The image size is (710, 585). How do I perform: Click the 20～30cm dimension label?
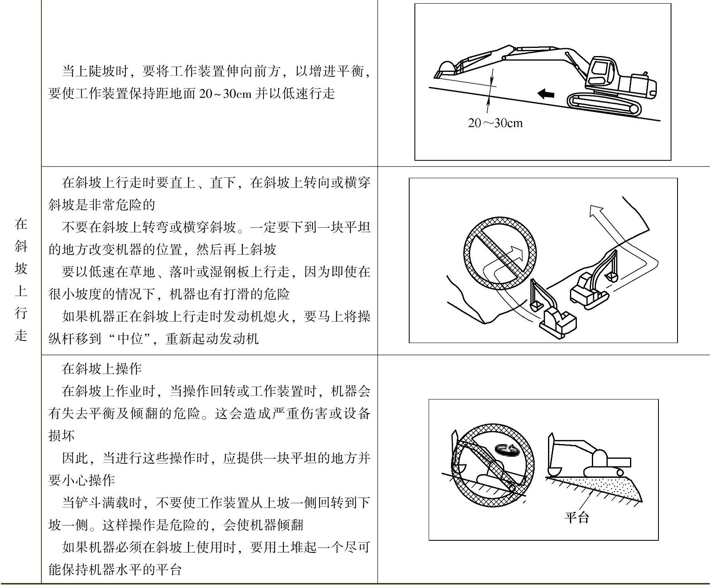point(495,123)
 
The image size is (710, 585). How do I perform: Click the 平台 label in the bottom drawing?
point(576,517)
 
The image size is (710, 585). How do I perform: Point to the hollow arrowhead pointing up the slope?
point(596,211)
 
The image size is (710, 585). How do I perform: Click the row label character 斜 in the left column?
point(21,246)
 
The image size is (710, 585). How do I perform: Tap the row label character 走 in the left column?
point(21,335)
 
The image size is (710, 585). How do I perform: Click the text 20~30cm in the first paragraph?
point(226,94)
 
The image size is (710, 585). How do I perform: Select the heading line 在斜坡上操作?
point(101,369)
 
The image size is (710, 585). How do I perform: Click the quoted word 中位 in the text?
point(130,339)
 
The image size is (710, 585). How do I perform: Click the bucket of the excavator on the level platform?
point(554,471)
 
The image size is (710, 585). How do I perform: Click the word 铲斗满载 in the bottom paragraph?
point(102,503)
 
